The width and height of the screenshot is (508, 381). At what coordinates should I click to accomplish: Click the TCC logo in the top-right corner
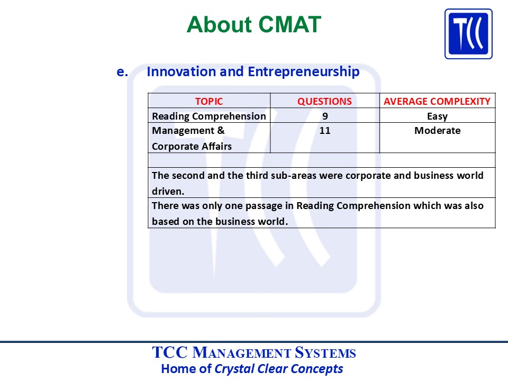(x=468, y=34)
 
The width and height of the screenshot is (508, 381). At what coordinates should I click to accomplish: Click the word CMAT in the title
(x=289, y=25)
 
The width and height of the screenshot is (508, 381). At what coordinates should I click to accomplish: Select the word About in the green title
(x=219, y=25)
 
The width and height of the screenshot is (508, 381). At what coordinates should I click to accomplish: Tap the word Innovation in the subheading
(x=181, y=71)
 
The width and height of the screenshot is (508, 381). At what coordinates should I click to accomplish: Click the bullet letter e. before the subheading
(x=122, y=72)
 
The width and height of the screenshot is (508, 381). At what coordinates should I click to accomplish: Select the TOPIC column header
(x=209, y=102)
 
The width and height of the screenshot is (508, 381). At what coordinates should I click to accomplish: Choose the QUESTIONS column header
(x=324, y=102)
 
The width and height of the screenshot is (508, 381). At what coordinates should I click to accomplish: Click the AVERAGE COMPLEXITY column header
(x=437, y=102)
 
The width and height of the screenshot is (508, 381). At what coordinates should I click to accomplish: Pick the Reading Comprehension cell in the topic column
(x=209, y=116)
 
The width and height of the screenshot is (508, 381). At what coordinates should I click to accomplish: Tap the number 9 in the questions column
(x=325, y=116)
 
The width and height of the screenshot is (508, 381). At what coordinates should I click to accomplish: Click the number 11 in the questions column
(x=324, y=131)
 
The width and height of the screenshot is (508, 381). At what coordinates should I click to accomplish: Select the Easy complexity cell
(x=438, y=116)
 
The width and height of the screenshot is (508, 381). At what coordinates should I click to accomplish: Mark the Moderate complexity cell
(x=438, y=131)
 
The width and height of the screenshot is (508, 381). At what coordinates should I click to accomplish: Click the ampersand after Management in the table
(x=221, y=130)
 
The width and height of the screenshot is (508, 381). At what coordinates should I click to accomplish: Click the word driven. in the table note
(x=168, y=191)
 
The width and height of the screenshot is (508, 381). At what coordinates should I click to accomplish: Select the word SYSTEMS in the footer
(x=325, y=353)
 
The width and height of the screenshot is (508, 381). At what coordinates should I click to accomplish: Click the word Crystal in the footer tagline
(x=234, y=369)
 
